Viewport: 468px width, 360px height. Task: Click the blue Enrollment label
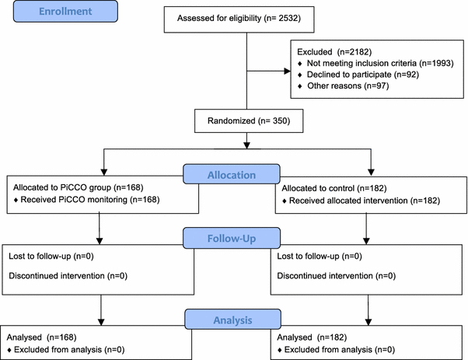click(x=61, y=14)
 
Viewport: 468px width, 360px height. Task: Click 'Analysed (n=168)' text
click(x=47, y=337)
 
